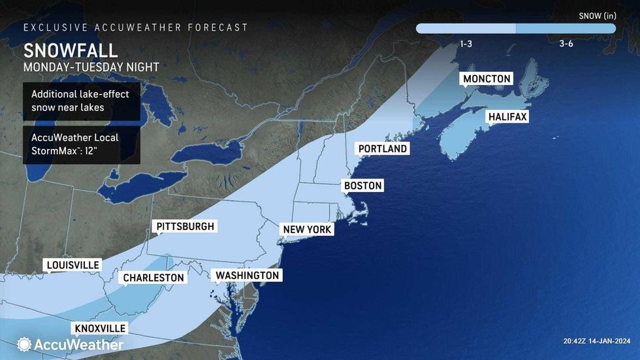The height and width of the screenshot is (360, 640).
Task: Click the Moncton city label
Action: (x=487, y=79)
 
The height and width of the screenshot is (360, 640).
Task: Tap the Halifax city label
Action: (x=507, y=117)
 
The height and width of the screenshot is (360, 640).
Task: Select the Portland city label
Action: (x=383, y=148)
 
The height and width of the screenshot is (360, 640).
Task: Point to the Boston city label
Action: (x=362, y=186)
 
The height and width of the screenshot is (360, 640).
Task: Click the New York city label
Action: (x=307, y=229)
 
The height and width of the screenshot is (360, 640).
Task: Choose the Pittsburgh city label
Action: (x=185, y=227)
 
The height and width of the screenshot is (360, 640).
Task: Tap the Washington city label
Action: (x=248, y=276)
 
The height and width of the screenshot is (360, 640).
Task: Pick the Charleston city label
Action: (x=153, y=278)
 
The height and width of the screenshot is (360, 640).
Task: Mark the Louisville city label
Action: (x=72, y=265)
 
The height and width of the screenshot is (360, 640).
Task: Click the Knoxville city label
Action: (x=100, y=328)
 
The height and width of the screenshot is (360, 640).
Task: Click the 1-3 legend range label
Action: (x=466, y=43)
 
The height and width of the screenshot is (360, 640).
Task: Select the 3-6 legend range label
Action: (x=566, y=43)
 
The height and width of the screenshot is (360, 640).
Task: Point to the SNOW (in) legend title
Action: (x=597, y=14)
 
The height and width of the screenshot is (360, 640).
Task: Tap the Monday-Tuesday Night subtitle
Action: (x=91, y=67)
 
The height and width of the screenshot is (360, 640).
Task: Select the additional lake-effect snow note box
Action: (x=81, y=101)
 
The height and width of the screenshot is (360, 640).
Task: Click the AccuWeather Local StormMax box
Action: (x=81, y=144)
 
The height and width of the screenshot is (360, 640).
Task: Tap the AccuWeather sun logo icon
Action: (x=25, y=344)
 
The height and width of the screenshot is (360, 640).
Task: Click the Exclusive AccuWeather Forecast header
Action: (x=136, y=27)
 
